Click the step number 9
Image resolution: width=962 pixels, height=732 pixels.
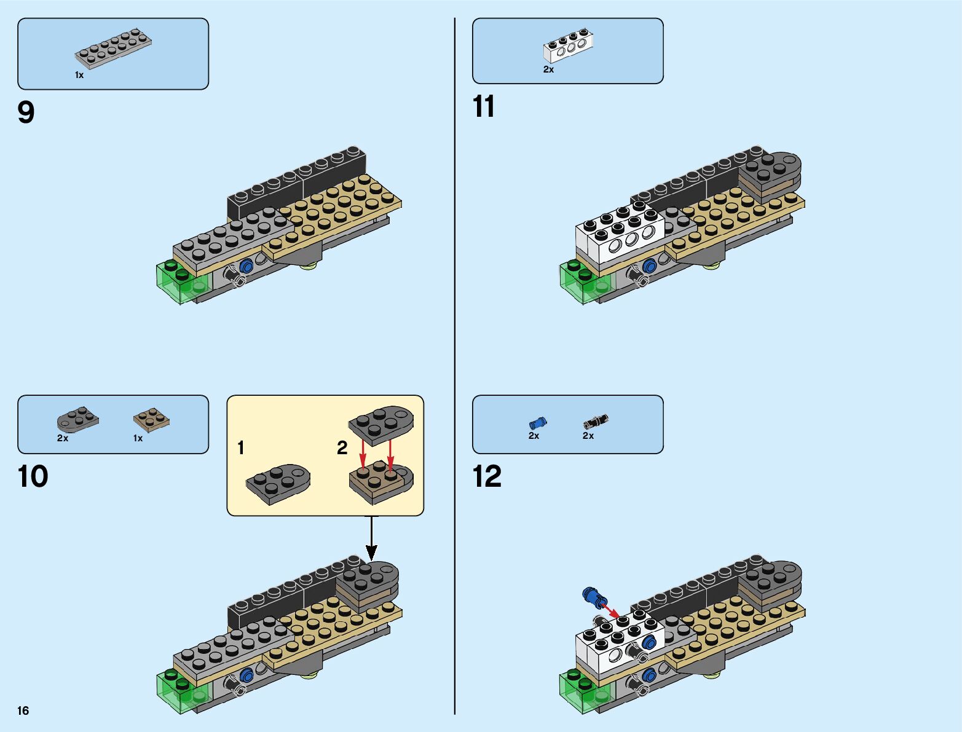tap(26, 112)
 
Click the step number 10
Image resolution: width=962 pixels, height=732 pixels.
tap(33, 477)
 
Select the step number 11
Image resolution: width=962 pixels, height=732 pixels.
tap(484, 107)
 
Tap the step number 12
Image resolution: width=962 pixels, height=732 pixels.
tap(487, 477)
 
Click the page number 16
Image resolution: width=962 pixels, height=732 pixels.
tap(23, 710)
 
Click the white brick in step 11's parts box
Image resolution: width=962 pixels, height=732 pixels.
tap(568, 45)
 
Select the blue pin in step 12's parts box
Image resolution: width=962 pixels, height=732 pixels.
tap(538, 422)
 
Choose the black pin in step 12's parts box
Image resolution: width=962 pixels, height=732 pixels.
tap(596, 422)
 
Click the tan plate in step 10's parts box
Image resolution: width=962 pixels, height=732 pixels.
tap(151, 420)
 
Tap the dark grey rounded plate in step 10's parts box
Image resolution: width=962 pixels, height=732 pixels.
tap(77, 419)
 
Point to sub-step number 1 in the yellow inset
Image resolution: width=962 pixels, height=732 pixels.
tap(241, 448)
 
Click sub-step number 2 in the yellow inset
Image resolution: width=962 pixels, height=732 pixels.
tap(342, 448)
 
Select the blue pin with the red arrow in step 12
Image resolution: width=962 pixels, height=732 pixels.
tap(591, 596)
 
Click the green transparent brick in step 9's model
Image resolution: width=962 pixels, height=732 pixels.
tap(182, 281)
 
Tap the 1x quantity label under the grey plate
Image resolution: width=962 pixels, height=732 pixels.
tap(79, 75)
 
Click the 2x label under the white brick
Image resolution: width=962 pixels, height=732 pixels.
tap(548, 70)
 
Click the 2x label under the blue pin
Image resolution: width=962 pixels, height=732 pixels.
tap(534, 436)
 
